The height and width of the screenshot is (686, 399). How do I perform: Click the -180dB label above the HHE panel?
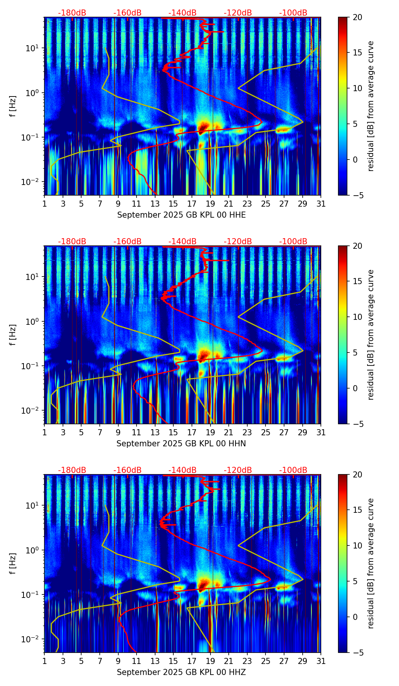click(72, 13)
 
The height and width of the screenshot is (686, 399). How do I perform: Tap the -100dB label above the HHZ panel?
click(293, 470)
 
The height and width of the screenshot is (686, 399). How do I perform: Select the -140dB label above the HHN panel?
click(182, 242)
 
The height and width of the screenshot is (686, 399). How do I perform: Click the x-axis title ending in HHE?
click(181, 215)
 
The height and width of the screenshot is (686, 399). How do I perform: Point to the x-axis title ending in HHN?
click(181, 444)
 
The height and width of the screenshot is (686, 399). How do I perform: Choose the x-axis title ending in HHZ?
click(181, 672)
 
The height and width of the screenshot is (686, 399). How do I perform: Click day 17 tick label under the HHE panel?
click(192, 204)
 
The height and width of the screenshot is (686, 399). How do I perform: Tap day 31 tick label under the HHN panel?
click(320, 432)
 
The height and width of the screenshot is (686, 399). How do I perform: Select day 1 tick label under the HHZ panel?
click(44, 661)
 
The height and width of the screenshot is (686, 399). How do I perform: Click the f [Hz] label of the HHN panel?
click(13, 335)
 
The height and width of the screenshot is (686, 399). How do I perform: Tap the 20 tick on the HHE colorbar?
click(357, 17)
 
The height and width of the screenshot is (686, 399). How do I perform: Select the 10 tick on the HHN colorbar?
click(357, 317)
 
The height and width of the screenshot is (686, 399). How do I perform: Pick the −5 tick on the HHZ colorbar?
click(357, 653)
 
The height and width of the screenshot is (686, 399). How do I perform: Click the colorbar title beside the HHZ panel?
click(371, 563)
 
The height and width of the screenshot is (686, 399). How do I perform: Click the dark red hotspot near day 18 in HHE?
click(204, 126)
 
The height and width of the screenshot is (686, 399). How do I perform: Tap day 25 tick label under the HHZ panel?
click(265, 661)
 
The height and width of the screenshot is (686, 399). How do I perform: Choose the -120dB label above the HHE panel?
click(238, 13)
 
